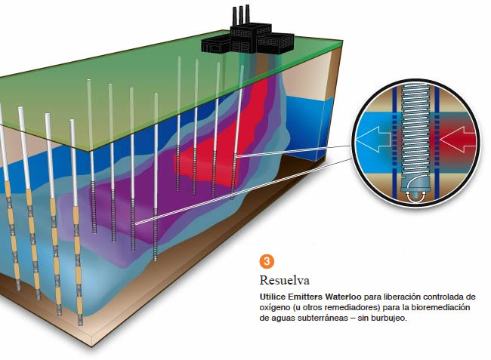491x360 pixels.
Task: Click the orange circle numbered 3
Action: pos(266,262)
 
